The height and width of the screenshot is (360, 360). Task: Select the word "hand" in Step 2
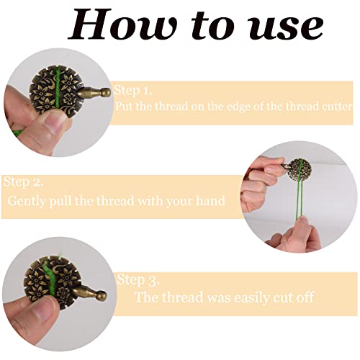click(209, 201)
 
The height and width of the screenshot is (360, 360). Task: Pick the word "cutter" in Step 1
click(336, 106)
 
